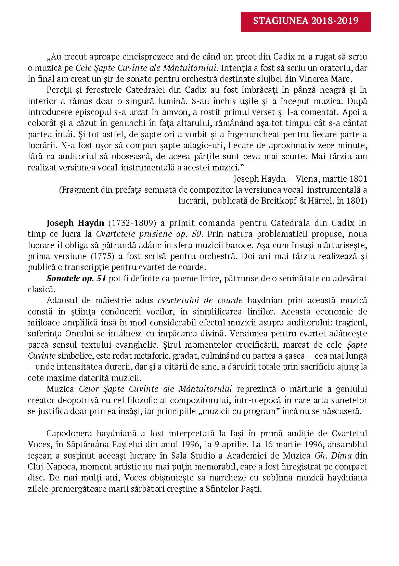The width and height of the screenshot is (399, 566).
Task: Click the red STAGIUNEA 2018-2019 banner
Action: (306, 21)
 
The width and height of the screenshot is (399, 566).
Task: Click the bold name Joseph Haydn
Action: (75, 223)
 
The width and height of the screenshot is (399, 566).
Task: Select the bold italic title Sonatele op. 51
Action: (76, 279)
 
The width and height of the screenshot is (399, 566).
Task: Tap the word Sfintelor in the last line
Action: (221, 489)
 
